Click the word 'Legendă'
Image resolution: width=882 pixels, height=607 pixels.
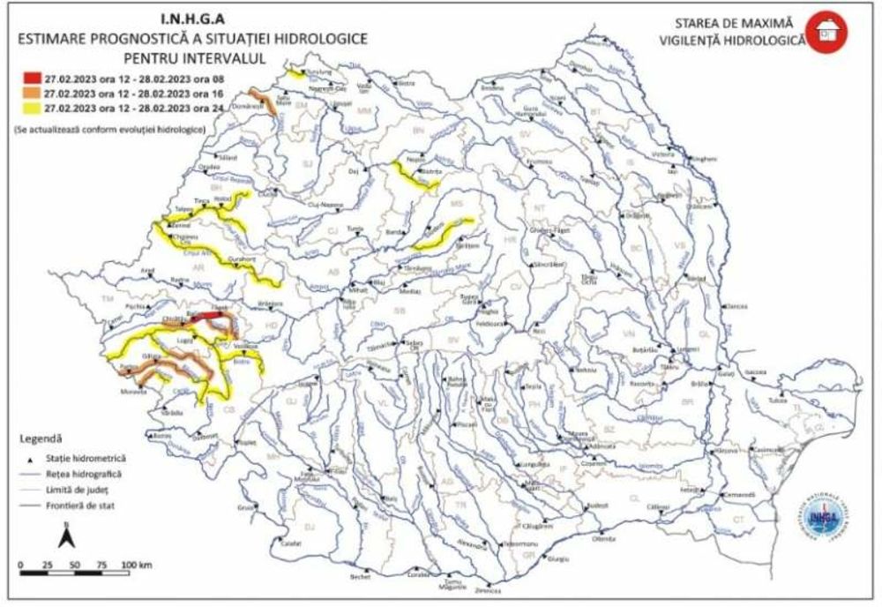point(40,438)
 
